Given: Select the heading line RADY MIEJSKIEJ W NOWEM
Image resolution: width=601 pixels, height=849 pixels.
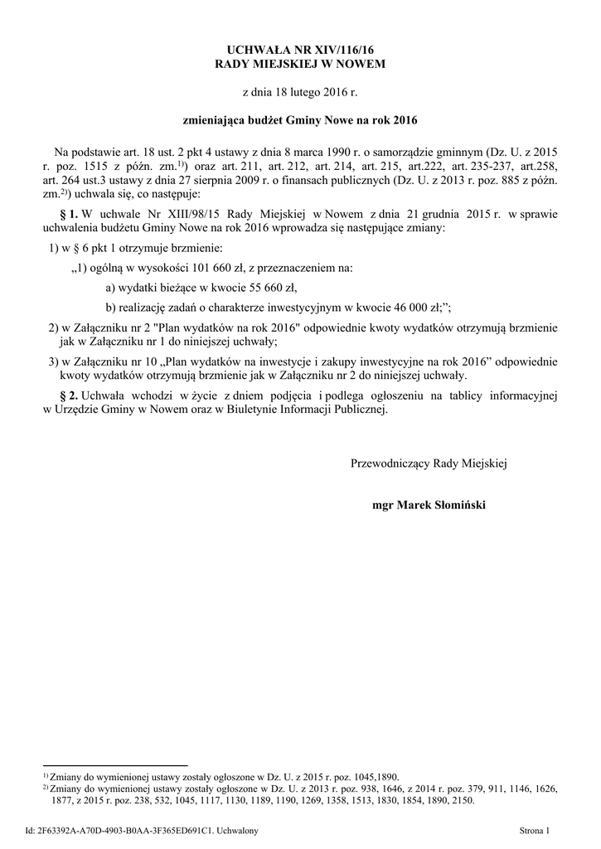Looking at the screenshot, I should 300,64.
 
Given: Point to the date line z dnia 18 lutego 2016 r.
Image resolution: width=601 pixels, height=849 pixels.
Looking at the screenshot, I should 300,92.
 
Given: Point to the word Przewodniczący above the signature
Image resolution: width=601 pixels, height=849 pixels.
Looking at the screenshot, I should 390,463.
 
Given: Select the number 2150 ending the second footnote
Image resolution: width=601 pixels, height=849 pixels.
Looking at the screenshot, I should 462,802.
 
